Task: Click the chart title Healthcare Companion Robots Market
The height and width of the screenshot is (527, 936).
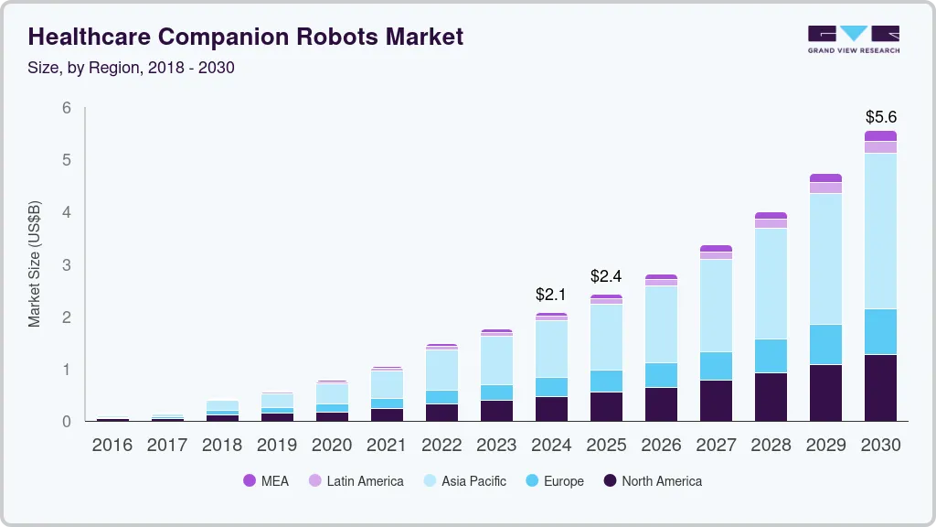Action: pyautogui.click(x=246, y=37)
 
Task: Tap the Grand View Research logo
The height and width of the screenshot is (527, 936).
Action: pyautogui.click(x=853, y=39)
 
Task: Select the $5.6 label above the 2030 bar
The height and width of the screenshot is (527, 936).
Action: pyautogui.click(x=881, y=117)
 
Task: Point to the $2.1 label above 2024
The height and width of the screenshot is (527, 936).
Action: pyautogui.click(x=551, y=296)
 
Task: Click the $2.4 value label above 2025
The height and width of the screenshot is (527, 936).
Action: pyautogui.click(x=606, y=276)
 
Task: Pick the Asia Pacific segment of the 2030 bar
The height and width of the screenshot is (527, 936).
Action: pyautogui.click(x=881, y=231)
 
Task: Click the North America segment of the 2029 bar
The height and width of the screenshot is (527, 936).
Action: pyautogui.click(x=826, y=393)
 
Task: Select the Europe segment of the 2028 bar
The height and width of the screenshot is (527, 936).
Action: pyautogui.click(x=771, y=356)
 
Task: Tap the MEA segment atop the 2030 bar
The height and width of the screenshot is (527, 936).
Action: pyautogui.click(x=881, y=136)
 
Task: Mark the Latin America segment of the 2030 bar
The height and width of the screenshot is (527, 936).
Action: pyautogui.click(x=881, y=147)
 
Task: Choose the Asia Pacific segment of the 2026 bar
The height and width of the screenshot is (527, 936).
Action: pyautogui.click(x=661, y=324)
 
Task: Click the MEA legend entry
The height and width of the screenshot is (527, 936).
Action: pyautogui.click(x=266, y=480)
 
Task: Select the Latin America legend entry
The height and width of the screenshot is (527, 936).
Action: pyautogui.click(x=356, y=480)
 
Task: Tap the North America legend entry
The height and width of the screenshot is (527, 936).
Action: pyautogui.click(x=653, y=480)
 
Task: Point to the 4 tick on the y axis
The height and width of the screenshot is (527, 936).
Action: pyautogui.click(x=66, y=212)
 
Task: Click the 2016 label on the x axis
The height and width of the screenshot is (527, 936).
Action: pyautogui.click(x=112, y=446)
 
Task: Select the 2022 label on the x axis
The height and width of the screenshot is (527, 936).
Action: pyautogui.click(x=441, y=446)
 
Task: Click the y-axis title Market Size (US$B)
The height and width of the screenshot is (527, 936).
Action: pyautogui.click(x=35, y=264)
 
